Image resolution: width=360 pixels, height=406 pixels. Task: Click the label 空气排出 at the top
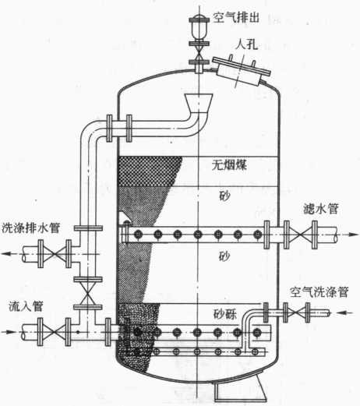tap(236, 18)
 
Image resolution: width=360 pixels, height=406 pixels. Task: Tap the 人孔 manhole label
tap(246, 44)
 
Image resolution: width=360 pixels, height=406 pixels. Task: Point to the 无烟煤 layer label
tap(229, 164)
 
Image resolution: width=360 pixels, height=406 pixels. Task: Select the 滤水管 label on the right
tap(321, 209)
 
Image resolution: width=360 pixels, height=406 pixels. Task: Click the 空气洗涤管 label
tap(319, 292)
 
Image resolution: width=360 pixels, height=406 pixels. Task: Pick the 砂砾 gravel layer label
tap(225, 314)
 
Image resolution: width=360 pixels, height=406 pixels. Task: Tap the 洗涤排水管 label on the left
tap(30, 228)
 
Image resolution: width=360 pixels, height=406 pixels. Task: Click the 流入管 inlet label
tap(26, 306)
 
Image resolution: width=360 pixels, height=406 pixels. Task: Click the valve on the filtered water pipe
tap(301, 235)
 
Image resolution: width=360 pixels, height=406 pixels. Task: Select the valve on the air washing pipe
tap(296, 312)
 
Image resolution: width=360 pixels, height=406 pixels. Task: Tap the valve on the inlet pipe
tap(54, 332)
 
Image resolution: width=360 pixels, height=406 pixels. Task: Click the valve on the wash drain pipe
tap(55, 254)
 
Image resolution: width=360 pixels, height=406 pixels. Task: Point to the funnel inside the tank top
tap(199, 103)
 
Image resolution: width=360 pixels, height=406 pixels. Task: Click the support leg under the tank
tap(240, 387)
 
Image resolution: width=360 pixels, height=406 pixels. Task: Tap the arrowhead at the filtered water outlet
tap(354, 235)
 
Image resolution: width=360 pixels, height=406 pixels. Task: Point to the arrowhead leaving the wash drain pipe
tap(7, 253)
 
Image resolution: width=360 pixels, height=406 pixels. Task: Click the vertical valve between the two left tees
tap(88, 293)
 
